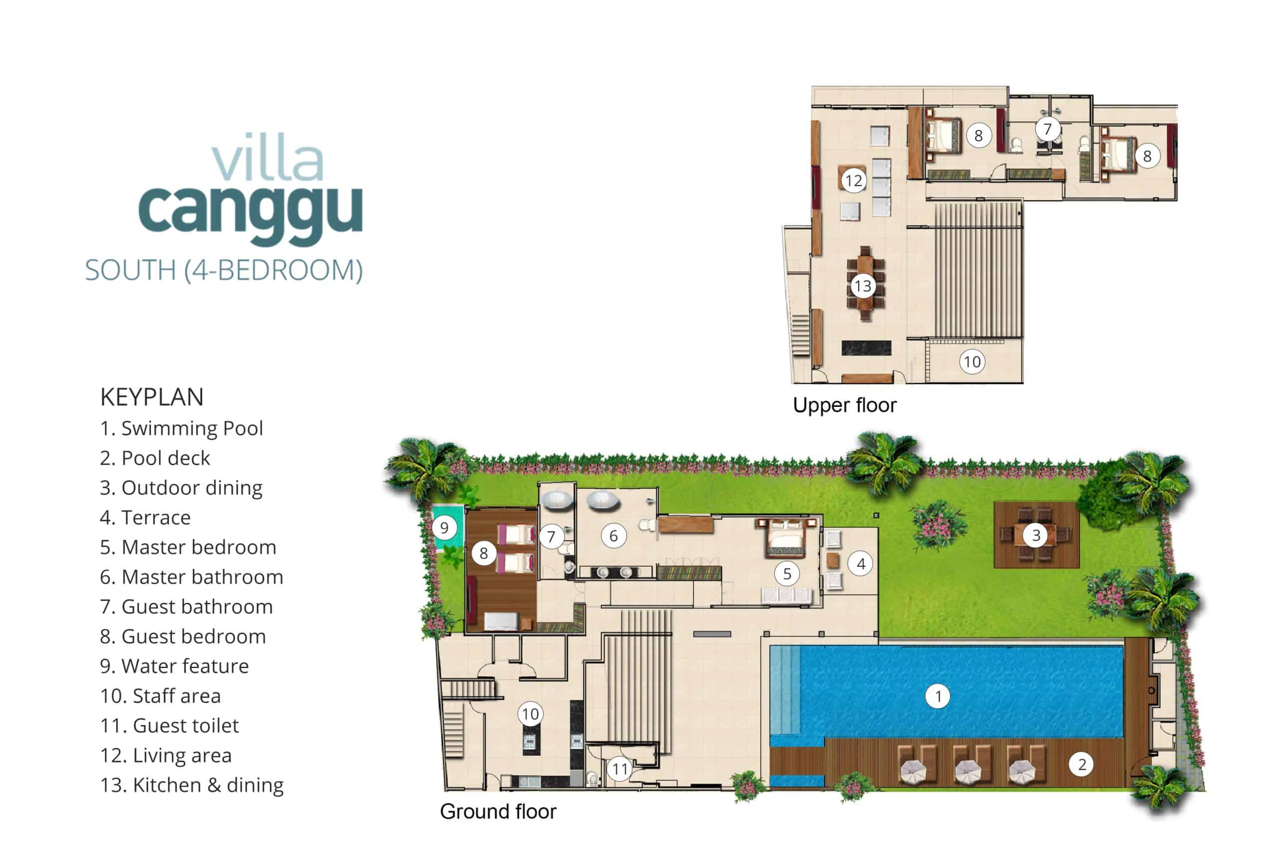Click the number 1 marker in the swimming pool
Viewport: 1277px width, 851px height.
938,696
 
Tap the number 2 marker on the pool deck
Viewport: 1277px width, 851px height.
1081,764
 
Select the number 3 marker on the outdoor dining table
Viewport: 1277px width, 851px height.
1036,535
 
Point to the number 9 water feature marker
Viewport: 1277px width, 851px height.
444,527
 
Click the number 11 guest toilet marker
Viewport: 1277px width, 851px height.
620,769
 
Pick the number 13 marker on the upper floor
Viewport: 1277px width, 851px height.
863,286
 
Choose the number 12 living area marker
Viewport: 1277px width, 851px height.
853,180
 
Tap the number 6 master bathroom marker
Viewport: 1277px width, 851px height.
614,535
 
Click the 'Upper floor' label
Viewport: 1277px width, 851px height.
845,405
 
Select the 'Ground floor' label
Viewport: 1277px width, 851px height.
498,812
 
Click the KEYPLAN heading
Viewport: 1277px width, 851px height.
152,397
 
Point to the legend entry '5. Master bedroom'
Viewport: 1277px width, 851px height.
188,547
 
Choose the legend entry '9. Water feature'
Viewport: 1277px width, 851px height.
174,666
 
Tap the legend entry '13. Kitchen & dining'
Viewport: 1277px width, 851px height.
192,785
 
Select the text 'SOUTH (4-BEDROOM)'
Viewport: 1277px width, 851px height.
223,270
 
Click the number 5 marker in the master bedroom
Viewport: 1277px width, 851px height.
787,574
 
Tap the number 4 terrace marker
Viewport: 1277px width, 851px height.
860,564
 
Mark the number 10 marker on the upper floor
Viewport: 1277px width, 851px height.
972,361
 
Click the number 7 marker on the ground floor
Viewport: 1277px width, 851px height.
551,537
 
